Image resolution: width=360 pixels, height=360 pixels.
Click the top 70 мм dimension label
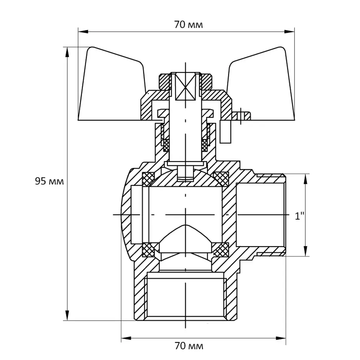[x=189, y=24]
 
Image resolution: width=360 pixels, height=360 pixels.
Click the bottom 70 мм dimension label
[x=189, y=346]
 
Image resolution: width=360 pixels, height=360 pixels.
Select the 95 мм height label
[x=49, y=181]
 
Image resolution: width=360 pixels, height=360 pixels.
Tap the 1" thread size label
[x=300, y=216]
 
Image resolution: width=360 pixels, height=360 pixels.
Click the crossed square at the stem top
[x=185, y=86]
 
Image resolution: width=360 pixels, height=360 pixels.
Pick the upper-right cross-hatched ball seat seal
[x=221, y=179]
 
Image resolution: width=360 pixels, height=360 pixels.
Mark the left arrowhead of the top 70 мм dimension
[x=83, y=31]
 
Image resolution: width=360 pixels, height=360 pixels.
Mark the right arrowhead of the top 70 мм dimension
[x=289, y=31]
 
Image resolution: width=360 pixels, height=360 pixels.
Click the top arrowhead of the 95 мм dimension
[x=67, y=52]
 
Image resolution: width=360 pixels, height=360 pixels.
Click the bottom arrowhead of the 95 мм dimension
[x=67, y=315]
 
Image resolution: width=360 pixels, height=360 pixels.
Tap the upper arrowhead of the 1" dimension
[x=305, y=179]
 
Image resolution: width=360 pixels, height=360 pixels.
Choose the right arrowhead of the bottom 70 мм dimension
[x=281, y=338]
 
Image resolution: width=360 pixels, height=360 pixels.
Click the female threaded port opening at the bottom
[x=185, y=296]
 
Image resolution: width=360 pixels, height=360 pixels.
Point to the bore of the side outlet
[x=261, y=215]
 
